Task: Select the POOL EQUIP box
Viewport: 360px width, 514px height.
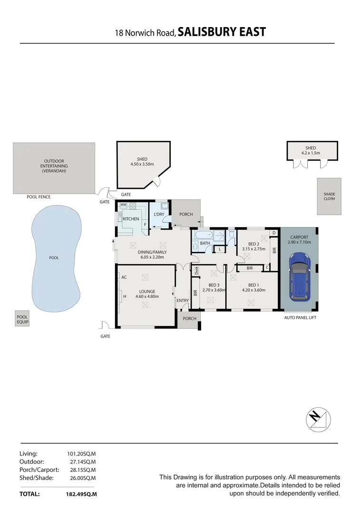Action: coord(22,319)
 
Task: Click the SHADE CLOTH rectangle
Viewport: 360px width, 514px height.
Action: coord(329,196)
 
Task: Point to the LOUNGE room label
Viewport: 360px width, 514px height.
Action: coord(147,291)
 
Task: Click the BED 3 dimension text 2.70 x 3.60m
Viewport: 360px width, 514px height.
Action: coord(214,289)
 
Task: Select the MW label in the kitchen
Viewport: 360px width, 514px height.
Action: coord(123,205)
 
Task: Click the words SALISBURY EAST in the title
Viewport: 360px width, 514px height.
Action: coord(222,32)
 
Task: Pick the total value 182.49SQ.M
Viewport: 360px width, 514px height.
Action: coord(81,494)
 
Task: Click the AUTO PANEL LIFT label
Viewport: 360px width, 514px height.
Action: coord(300,317)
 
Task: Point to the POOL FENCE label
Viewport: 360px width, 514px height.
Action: coord(39,197)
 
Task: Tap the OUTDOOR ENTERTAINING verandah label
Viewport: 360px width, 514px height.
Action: coord(54,166)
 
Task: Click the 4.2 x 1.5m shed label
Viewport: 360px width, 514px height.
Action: coord(311,153)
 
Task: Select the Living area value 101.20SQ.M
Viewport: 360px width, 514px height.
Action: coord(82,454)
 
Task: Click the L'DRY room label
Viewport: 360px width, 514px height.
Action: coord(159,214)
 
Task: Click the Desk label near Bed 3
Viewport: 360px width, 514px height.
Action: coord(196,270)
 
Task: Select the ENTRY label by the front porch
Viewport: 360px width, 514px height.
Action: coord(183,300)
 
